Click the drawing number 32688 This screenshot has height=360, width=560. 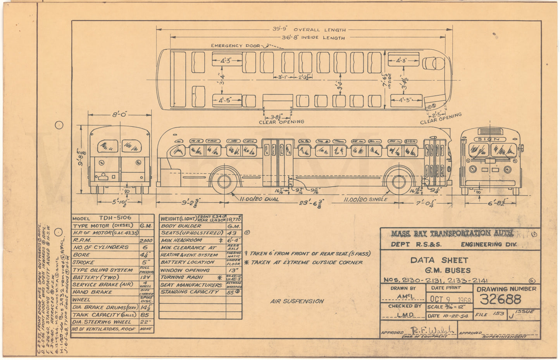[x=500, y=299]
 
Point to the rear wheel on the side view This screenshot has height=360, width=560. [x=224, y=181]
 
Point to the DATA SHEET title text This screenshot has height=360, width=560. [x=439, y=260]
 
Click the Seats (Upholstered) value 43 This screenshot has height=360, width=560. [x=233, y=233]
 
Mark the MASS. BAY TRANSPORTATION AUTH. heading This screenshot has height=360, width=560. [x=452, y=233]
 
